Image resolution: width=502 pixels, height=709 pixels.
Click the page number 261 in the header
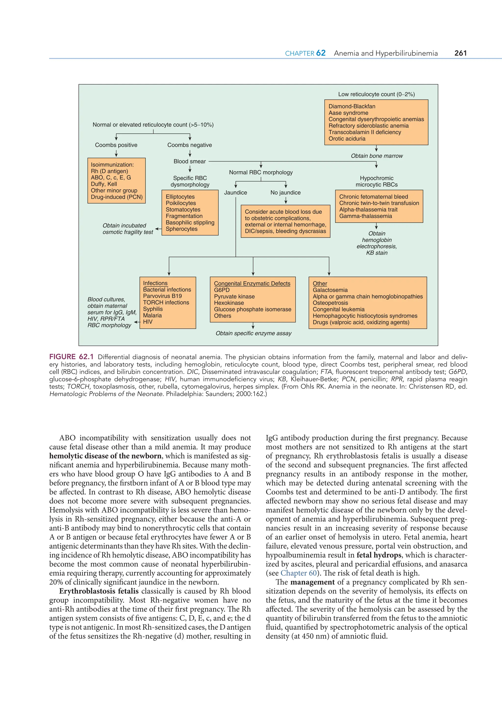click(460, 53)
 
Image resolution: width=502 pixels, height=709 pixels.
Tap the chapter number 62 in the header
click(321, 53)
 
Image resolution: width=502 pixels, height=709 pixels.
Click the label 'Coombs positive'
click(116, 145)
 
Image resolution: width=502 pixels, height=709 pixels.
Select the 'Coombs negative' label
click(189, 145)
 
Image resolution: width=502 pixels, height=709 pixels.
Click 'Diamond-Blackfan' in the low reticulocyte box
click(352, 106)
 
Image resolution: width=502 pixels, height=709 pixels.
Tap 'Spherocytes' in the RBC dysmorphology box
click(181, 229)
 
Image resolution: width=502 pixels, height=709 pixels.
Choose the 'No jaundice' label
click(285, 192)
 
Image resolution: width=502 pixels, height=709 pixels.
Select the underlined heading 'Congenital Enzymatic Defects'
click(252, 284)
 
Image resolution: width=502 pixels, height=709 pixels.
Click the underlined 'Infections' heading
click(155, 283)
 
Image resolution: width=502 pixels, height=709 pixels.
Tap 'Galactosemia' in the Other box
click(330, 290)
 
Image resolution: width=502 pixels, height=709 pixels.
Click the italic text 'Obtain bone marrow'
click(376, 156)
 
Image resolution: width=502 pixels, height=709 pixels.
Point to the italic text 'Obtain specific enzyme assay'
click(253, 333)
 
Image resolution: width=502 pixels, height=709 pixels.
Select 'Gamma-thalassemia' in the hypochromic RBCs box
click(365, 216)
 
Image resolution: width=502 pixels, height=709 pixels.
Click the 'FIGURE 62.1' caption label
click(71, 357)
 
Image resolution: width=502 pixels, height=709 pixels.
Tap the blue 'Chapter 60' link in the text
click(299, 573)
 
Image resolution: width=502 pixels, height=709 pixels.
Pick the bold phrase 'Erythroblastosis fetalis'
click(99, 591)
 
